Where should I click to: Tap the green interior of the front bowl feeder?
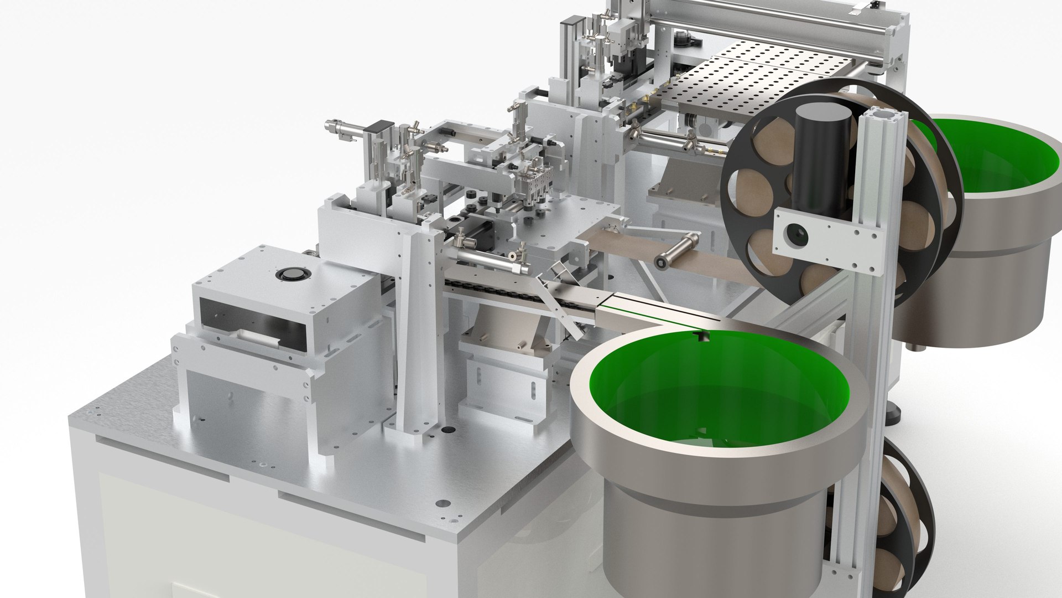[x=719, y=388]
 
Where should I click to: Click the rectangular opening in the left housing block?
[x=252, y=327]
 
